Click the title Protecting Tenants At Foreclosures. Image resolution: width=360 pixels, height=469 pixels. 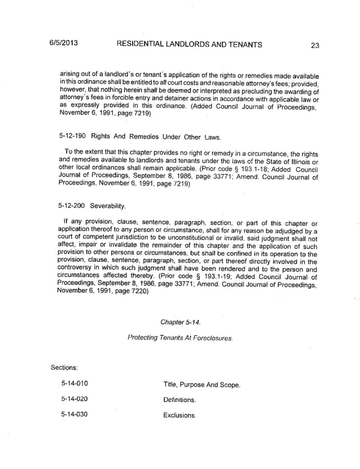pos(180,337)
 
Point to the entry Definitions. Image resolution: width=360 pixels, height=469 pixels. pos(179,400)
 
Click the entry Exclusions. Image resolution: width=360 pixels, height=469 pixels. pos(179,416)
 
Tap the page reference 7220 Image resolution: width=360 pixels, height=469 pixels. pos(137,292)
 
